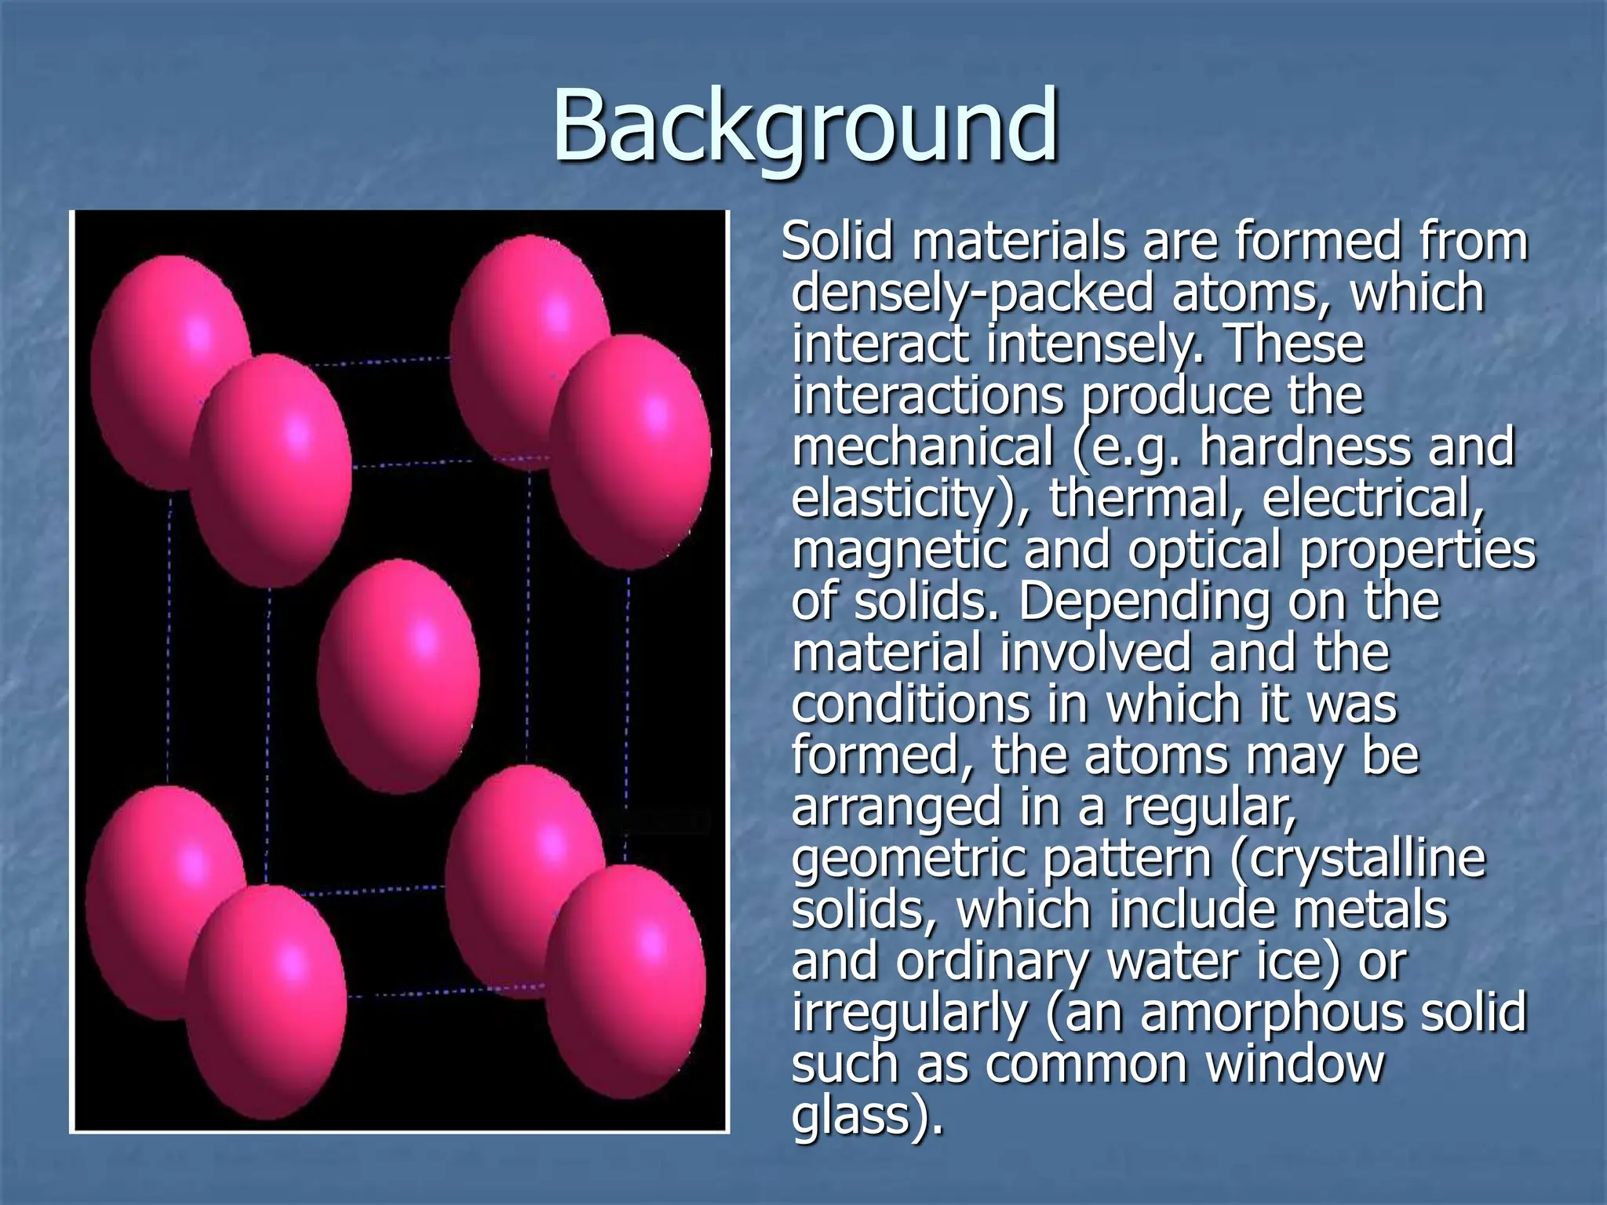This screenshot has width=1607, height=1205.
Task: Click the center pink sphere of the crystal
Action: pos(398,676)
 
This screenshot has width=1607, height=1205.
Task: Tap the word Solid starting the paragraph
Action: pos(837,241)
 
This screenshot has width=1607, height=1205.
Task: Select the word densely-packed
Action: pos(972,293)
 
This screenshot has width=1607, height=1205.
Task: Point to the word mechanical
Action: pos(922,447)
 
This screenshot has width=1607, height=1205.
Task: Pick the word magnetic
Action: pos(899,551)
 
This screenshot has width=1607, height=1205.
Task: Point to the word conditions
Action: pos(910,704)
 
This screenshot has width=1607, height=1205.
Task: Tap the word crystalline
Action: pos(1366,860)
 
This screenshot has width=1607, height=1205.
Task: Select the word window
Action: pos(1295,1065)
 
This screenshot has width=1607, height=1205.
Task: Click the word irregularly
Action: pos(910,1014)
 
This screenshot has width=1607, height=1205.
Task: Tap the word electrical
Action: pos(1372,499)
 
